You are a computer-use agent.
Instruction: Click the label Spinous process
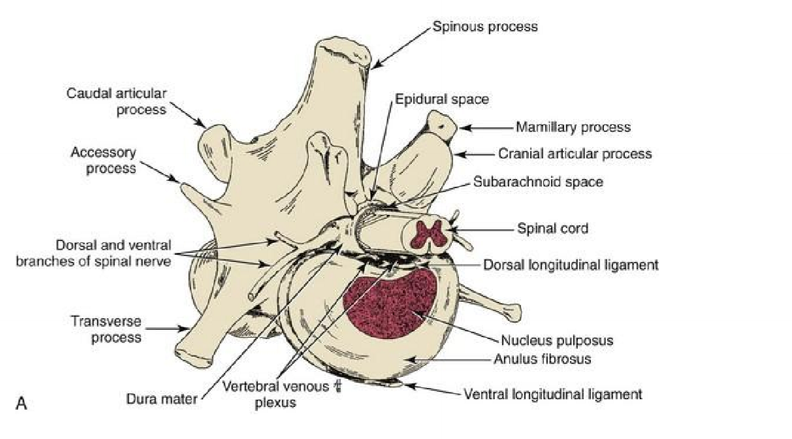click(485, 27)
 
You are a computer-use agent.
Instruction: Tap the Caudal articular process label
click(117, 101)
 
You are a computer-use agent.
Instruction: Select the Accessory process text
click(103, 160)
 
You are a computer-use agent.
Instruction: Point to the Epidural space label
click(441, 99)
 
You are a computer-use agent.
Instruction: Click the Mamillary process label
click(573, 127)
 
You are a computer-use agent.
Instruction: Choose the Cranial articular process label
click(575, 154)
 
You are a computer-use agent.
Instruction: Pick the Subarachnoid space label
click(537, 183)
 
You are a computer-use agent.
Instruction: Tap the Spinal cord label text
click(552, 229)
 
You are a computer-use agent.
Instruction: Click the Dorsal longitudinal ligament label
click(571, 265)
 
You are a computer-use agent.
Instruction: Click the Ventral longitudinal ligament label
click(552, 395)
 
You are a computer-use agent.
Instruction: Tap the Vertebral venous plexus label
click(274, 394)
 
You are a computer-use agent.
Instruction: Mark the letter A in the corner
click(21, 404)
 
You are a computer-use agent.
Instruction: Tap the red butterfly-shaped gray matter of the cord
click(428, 233)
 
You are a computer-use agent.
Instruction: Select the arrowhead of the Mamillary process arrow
click(462, 127)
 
